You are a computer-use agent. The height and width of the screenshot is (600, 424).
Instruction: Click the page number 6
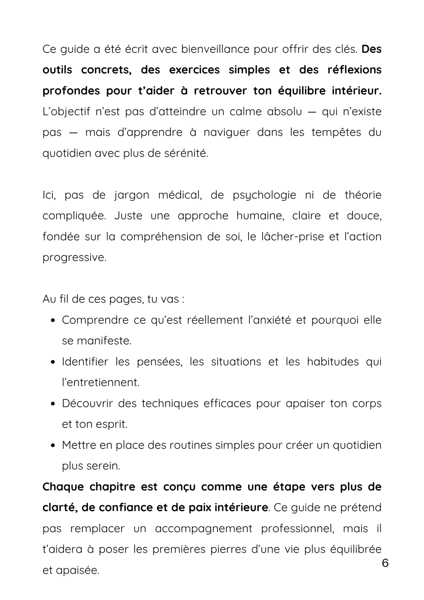[x=385, y=563]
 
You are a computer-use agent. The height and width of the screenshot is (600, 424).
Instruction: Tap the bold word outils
[x=57, y=70]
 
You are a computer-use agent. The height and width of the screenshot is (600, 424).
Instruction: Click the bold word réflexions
[x=354, y=70]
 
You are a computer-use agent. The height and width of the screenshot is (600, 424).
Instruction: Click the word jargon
[x=131, y=195]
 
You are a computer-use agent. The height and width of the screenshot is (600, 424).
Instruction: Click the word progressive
[x=74, y=258]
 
